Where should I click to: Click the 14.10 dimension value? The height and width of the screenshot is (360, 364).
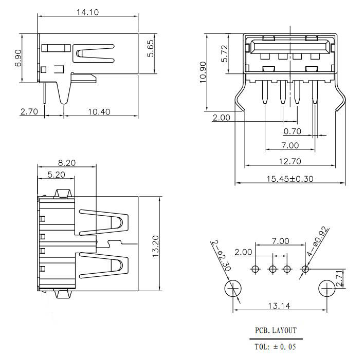[x=88, y=12]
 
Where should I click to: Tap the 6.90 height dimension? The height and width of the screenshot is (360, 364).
[x=18, y=58]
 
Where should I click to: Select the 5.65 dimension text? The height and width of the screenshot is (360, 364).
[x=151, y=48]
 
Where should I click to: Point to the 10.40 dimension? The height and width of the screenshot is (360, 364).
[x=99, y=112]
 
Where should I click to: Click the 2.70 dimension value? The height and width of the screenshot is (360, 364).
[x=29, y=111]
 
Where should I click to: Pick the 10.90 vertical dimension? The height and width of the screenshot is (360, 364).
[x=203, y=72]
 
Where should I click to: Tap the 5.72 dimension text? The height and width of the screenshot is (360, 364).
[x=225, y=53]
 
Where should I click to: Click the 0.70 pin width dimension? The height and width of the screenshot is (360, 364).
[x=292, y=131]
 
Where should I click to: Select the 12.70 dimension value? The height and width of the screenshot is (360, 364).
[x=290, y=161]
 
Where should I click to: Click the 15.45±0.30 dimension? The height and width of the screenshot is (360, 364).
[x=290, y=179]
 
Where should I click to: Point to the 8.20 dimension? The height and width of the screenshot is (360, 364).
[x=67, y=163]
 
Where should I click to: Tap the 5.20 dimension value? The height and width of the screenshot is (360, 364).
[x=57, y=175]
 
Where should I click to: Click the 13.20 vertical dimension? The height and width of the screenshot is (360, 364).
[x=156, y=246]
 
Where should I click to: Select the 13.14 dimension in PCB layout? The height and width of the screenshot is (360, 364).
[x=279, y=306]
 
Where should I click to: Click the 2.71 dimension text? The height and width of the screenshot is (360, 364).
[x=339, y=278]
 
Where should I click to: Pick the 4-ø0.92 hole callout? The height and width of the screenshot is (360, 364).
[x=318, y=241]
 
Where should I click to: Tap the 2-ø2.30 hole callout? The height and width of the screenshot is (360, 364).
[x=221, y=256]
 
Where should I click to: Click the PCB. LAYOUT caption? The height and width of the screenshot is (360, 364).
[x=276, y=330]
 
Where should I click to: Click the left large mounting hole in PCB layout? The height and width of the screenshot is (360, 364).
[x=233, y=289]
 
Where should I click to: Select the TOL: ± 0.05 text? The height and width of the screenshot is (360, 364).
[x=276, y=347]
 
